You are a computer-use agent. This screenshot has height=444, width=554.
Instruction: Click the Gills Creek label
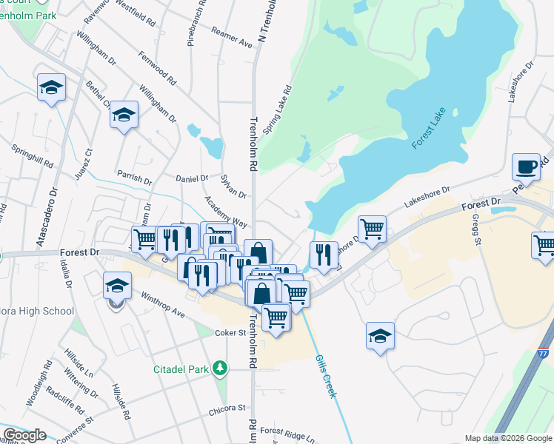(x=325, y=376)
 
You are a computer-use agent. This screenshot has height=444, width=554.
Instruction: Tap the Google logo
(x=24, y=435)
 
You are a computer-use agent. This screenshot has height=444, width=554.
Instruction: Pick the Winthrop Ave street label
(x=163, y=303)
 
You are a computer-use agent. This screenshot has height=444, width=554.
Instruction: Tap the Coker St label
(x=231, y=333)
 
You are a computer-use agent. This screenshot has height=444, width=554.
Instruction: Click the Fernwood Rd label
(x=156, y=67)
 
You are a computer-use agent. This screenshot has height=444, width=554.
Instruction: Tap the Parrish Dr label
(x=134, y=178)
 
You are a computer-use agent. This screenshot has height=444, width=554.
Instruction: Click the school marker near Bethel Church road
(x=124, y=115)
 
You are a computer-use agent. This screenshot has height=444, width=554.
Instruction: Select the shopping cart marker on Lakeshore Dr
(x=372, y=228)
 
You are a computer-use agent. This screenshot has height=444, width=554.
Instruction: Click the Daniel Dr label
(x=193, y=178)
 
